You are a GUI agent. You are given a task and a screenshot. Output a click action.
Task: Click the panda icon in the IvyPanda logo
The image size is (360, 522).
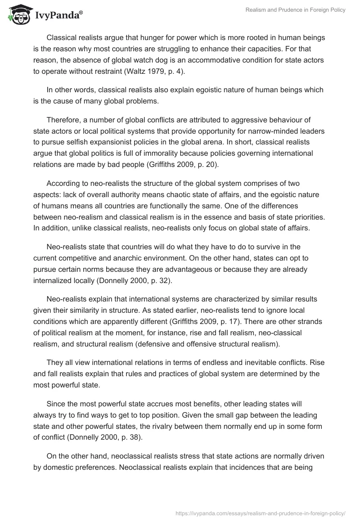pyautogui.click(x=18, y=14)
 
